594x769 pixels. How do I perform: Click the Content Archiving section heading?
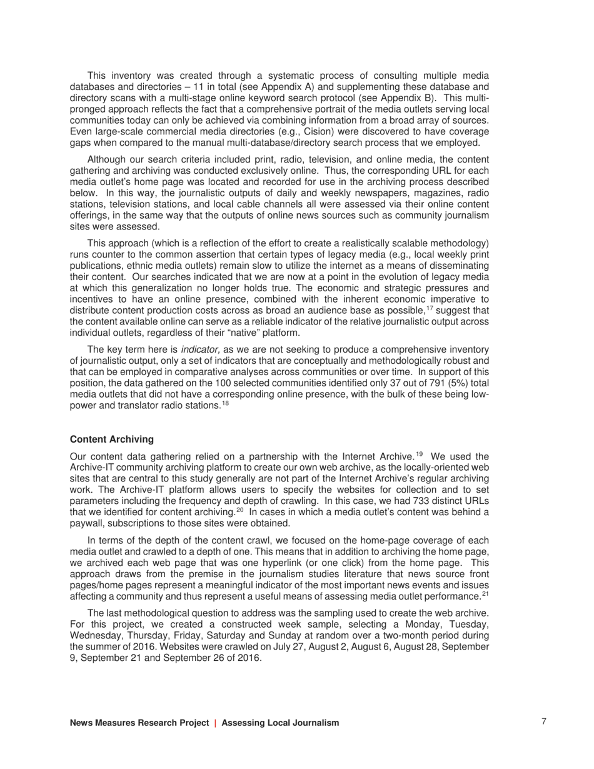pos(111,440)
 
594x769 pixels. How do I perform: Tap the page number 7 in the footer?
pos(544,721)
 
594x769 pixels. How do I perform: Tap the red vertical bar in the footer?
pos(216,723)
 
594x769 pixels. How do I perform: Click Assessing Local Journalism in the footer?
pos(280,723)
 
